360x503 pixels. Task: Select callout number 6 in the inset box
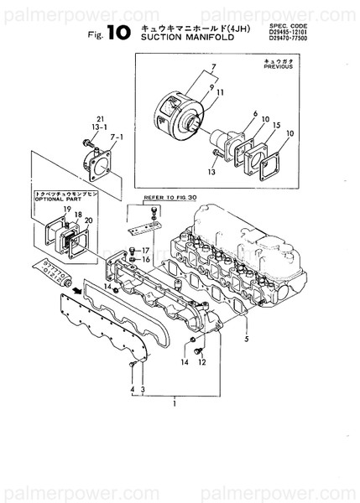255,112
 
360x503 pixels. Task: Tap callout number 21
101,118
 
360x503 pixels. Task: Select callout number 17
144,251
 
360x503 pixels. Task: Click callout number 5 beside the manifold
246,339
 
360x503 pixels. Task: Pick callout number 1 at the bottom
174,404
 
